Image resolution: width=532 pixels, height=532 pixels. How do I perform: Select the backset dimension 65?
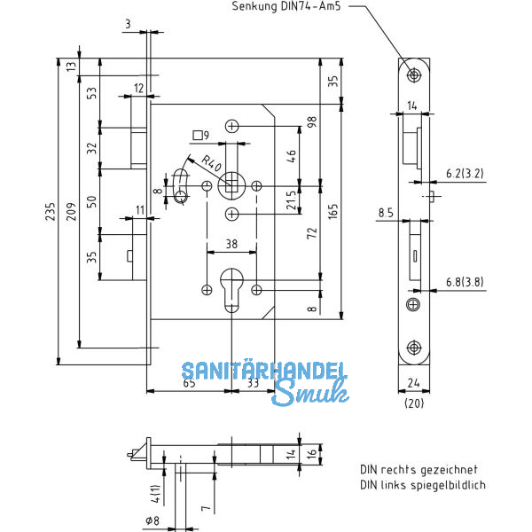point(190,383)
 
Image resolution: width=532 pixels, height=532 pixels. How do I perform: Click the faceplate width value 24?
point(415,383)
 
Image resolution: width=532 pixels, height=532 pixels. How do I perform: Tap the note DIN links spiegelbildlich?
point(422,485)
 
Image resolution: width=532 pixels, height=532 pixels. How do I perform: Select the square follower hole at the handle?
point(231,184)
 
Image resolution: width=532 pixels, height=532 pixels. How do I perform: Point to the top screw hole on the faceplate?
point(414,75)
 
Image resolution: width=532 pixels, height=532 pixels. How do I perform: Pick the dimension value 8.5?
point(386,213)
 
